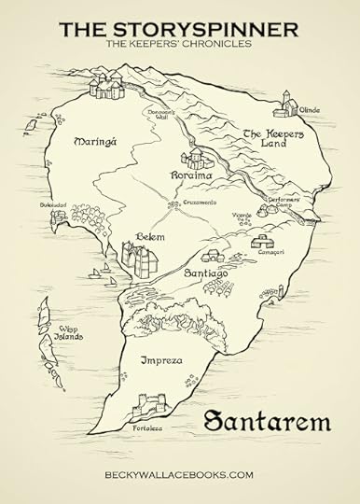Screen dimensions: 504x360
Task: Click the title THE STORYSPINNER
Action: [179, 29]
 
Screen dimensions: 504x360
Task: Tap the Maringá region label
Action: [93, 142]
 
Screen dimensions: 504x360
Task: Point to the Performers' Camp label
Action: [284, 203]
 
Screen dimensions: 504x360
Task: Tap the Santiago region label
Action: [206, 273]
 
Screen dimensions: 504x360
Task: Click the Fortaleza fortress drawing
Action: [149, 407]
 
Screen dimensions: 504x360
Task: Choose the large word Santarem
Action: [265, 421]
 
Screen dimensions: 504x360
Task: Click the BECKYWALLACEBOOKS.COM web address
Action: [179, 475]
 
